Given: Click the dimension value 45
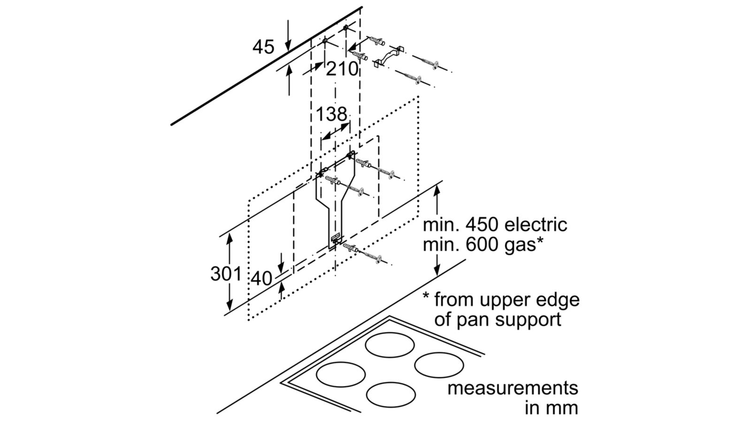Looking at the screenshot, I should click(x=263, y=47).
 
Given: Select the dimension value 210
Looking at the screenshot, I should click(x=342, y=69).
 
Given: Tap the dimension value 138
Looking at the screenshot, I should click(x=331, y=114).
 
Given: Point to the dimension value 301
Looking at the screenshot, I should click(x=226, y=274).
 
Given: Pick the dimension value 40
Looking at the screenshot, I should click(x=261, y=279).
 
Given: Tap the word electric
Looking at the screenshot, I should click(x=536, y=225).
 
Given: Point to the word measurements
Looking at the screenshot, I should click(x=513, y=388).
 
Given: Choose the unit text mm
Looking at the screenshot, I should click(x=563, y=408).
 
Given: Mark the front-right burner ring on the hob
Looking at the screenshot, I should click(x=391, y=396).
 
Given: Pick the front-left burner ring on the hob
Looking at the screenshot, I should click(x=341, y=375).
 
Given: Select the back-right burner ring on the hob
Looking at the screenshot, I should click(x=439, y=364).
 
